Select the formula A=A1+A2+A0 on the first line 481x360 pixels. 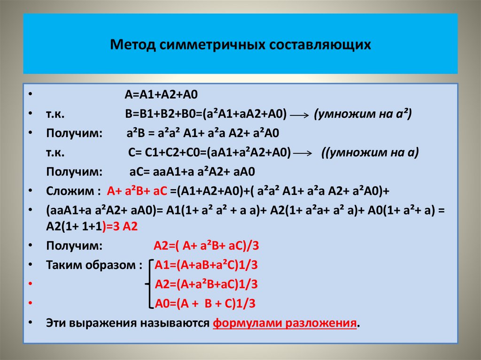(162, 94)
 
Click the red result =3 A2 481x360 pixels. (120, 225)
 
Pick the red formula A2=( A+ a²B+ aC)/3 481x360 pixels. (206, 245)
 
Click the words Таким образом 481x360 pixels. (91, 265)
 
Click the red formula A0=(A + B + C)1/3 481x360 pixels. (205, 303)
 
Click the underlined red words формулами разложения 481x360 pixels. (285, 323)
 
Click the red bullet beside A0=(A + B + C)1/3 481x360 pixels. (31, 304)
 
